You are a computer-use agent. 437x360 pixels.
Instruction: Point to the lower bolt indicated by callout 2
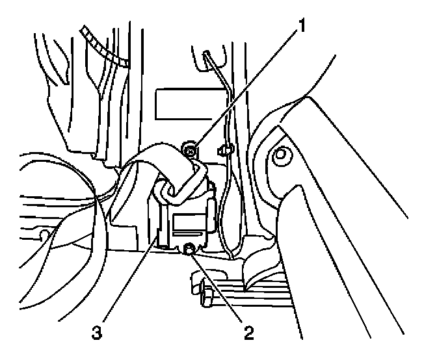tap(189, 247)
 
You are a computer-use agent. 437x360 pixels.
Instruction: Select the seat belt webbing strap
tap(156, 162)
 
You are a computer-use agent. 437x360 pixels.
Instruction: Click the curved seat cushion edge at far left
tap(39, 214)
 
